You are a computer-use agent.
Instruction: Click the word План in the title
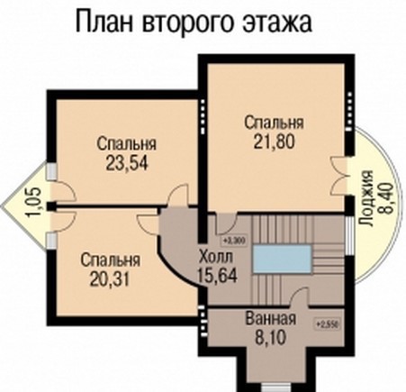pyautogui.click(x=106, y=22)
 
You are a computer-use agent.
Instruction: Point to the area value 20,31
pyautogui.click(x=109, y=278)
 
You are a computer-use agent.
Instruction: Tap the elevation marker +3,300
pyautogui.click(x=233, y=241)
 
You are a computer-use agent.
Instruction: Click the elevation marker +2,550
pyautogui.click(x=326, y=322)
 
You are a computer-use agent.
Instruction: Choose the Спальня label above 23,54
pyautogui.click(x=124, y=144)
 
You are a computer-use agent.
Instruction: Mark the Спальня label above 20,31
pyautogui.click(x=109, y=260)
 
